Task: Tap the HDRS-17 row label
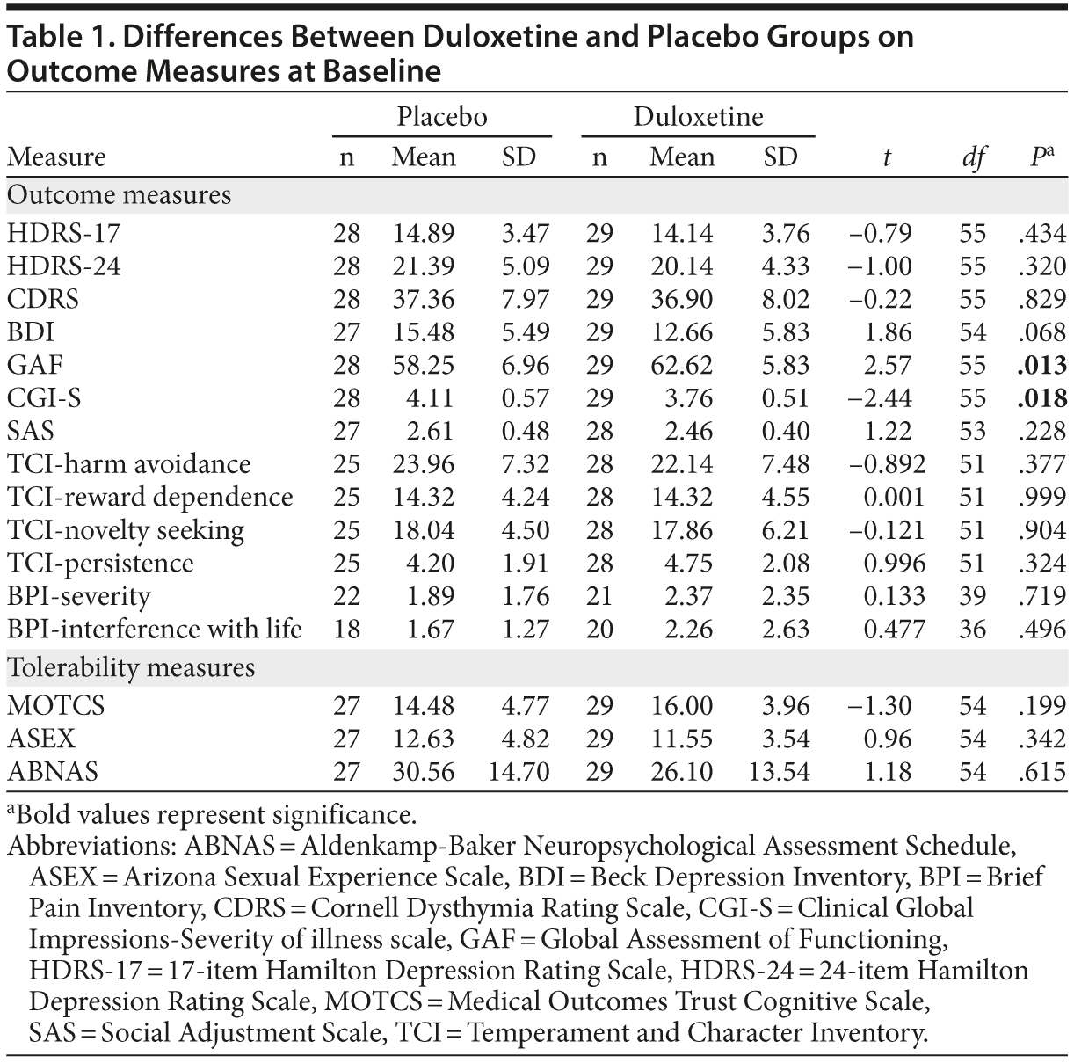pyautogui.click(x=63, y=234)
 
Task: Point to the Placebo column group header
pyautogui.click(x=441, y=117)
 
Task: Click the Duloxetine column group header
pyautogui.click(x=698, y=117)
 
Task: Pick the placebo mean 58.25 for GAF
pyautogui.click(x=424, y=366)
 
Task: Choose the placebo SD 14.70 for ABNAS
pyautogui.click(x=518, y=773)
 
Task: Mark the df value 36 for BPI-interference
pyautogui.click(x=973, y=630)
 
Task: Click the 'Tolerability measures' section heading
pyautogui.click(x=131, y=668)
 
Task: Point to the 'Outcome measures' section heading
pyautogui.click(x=120, y=195)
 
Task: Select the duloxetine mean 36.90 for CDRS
pyautogui.click(x=682, y=300)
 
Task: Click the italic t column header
pyautogui.click(x=887, y=158)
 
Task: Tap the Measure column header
pyautogui.click(x=56, y=157)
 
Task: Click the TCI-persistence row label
pyautogui.click(x=100, y=564)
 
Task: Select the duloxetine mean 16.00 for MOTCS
pyautogui.click(x=682, y=707)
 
